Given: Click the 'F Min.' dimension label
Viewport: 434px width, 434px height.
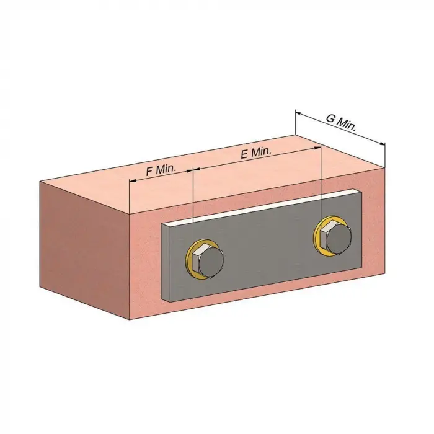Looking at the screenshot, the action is click(x=161, y=170).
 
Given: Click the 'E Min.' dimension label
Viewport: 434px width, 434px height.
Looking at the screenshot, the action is click(x=256, y=153).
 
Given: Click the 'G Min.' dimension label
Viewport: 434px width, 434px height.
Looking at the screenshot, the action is click(x=341, y=122).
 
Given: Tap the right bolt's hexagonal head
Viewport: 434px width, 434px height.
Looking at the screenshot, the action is click(x=336, y=238).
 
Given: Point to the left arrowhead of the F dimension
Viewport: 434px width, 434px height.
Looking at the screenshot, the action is click(x=132, y=181).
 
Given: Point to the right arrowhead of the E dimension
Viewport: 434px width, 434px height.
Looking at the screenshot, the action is click(x=317, y=149).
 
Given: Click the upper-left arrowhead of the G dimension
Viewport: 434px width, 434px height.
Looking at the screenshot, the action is click(x=298, y=113).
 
